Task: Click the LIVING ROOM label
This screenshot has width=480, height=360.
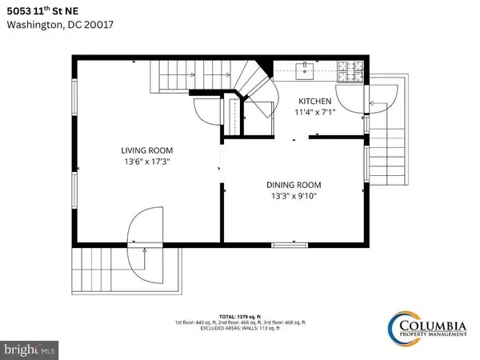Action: pyautogui.click(x=146, y=150)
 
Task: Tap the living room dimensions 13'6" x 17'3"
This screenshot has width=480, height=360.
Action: pyautogui.click(x=146, y=162)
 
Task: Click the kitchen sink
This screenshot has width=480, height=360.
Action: pyautogui.click(x=305, y=70)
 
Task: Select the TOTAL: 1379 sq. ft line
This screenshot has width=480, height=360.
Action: pyautogui.click(x=239, y=316)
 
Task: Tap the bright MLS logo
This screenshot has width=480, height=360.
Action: pyautogui.click(x=29, y=349)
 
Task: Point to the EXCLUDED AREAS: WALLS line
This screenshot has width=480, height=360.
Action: pyautogui.click(x=239, y=328)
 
